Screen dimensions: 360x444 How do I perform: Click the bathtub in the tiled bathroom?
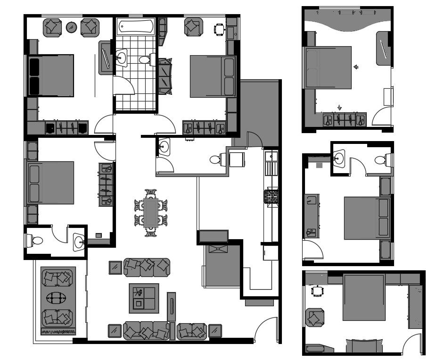click(136, 26)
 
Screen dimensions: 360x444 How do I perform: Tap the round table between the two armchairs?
click(72, 27)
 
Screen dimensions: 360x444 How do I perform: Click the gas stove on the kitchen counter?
click(271, 196)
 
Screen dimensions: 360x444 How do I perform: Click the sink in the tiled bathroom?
click(121, 59)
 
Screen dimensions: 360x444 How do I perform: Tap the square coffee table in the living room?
click(144, 298)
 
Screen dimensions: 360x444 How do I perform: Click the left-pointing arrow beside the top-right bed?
click(356, 67)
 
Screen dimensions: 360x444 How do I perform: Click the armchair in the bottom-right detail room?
click(314, 317)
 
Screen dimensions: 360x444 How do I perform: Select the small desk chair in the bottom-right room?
click(318, 291)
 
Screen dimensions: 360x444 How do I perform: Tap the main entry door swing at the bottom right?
click(266, 330)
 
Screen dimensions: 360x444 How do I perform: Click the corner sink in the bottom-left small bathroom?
click(79, 242)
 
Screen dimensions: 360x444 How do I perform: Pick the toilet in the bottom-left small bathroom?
click(35, 241)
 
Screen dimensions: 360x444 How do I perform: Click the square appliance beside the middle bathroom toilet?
click(237, 159)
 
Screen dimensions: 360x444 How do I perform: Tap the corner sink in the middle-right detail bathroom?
click(339, 158)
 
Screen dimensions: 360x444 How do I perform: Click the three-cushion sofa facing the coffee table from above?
click(146, 267)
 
